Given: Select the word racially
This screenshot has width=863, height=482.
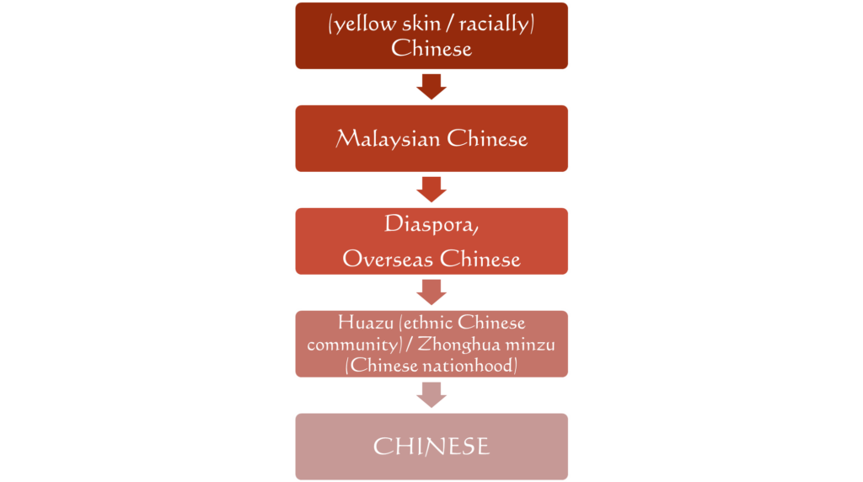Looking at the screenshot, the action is point(494,24).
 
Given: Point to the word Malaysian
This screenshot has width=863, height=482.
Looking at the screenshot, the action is point(388,139).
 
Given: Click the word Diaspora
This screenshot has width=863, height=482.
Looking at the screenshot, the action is point(431,224).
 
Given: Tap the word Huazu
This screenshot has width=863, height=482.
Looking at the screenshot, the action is point(366,323).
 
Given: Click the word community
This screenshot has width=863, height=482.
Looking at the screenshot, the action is point(352,345).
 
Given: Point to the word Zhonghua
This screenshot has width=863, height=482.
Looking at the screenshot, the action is point(458,344).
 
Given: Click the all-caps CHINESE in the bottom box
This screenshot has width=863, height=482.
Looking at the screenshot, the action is point(431,447).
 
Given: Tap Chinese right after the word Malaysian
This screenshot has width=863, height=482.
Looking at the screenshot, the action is point(487,139).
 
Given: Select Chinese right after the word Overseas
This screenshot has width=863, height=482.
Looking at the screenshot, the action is point(480,259).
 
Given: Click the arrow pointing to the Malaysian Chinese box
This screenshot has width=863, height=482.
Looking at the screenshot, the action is point(431,87).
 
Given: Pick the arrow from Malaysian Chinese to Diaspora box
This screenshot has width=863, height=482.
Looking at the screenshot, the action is point(431,190).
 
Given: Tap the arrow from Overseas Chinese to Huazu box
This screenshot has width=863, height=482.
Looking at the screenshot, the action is point(431,292).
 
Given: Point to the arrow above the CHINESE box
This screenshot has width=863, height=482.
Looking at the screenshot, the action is point(431,395).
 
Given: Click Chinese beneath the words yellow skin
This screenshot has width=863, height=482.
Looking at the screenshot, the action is point(431,48).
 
